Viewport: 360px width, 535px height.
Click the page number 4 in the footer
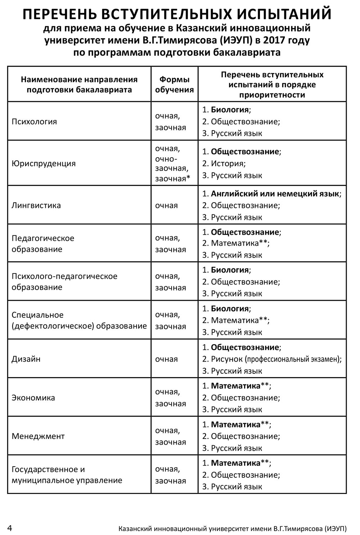(10, 528)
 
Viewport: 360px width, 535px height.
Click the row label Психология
(34, 122)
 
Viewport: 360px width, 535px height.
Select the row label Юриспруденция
(44, 164)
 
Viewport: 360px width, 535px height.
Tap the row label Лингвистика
(36, 205)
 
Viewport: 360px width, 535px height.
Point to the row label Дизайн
(26, 359)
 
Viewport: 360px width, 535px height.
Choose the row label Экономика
(33, 398)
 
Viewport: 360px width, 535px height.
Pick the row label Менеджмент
(38, 436)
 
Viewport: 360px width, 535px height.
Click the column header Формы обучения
(174, 85)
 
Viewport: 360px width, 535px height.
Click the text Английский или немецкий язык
(275, 194)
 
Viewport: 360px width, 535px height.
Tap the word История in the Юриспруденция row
(228, 164)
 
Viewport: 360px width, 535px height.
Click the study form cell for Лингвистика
(166, 205)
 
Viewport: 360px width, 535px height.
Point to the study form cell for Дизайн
(166, 359)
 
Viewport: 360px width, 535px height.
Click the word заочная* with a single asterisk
(172, 179)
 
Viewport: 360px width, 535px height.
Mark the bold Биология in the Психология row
(230, 110)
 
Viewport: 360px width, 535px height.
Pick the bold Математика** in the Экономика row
(240, 386)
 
